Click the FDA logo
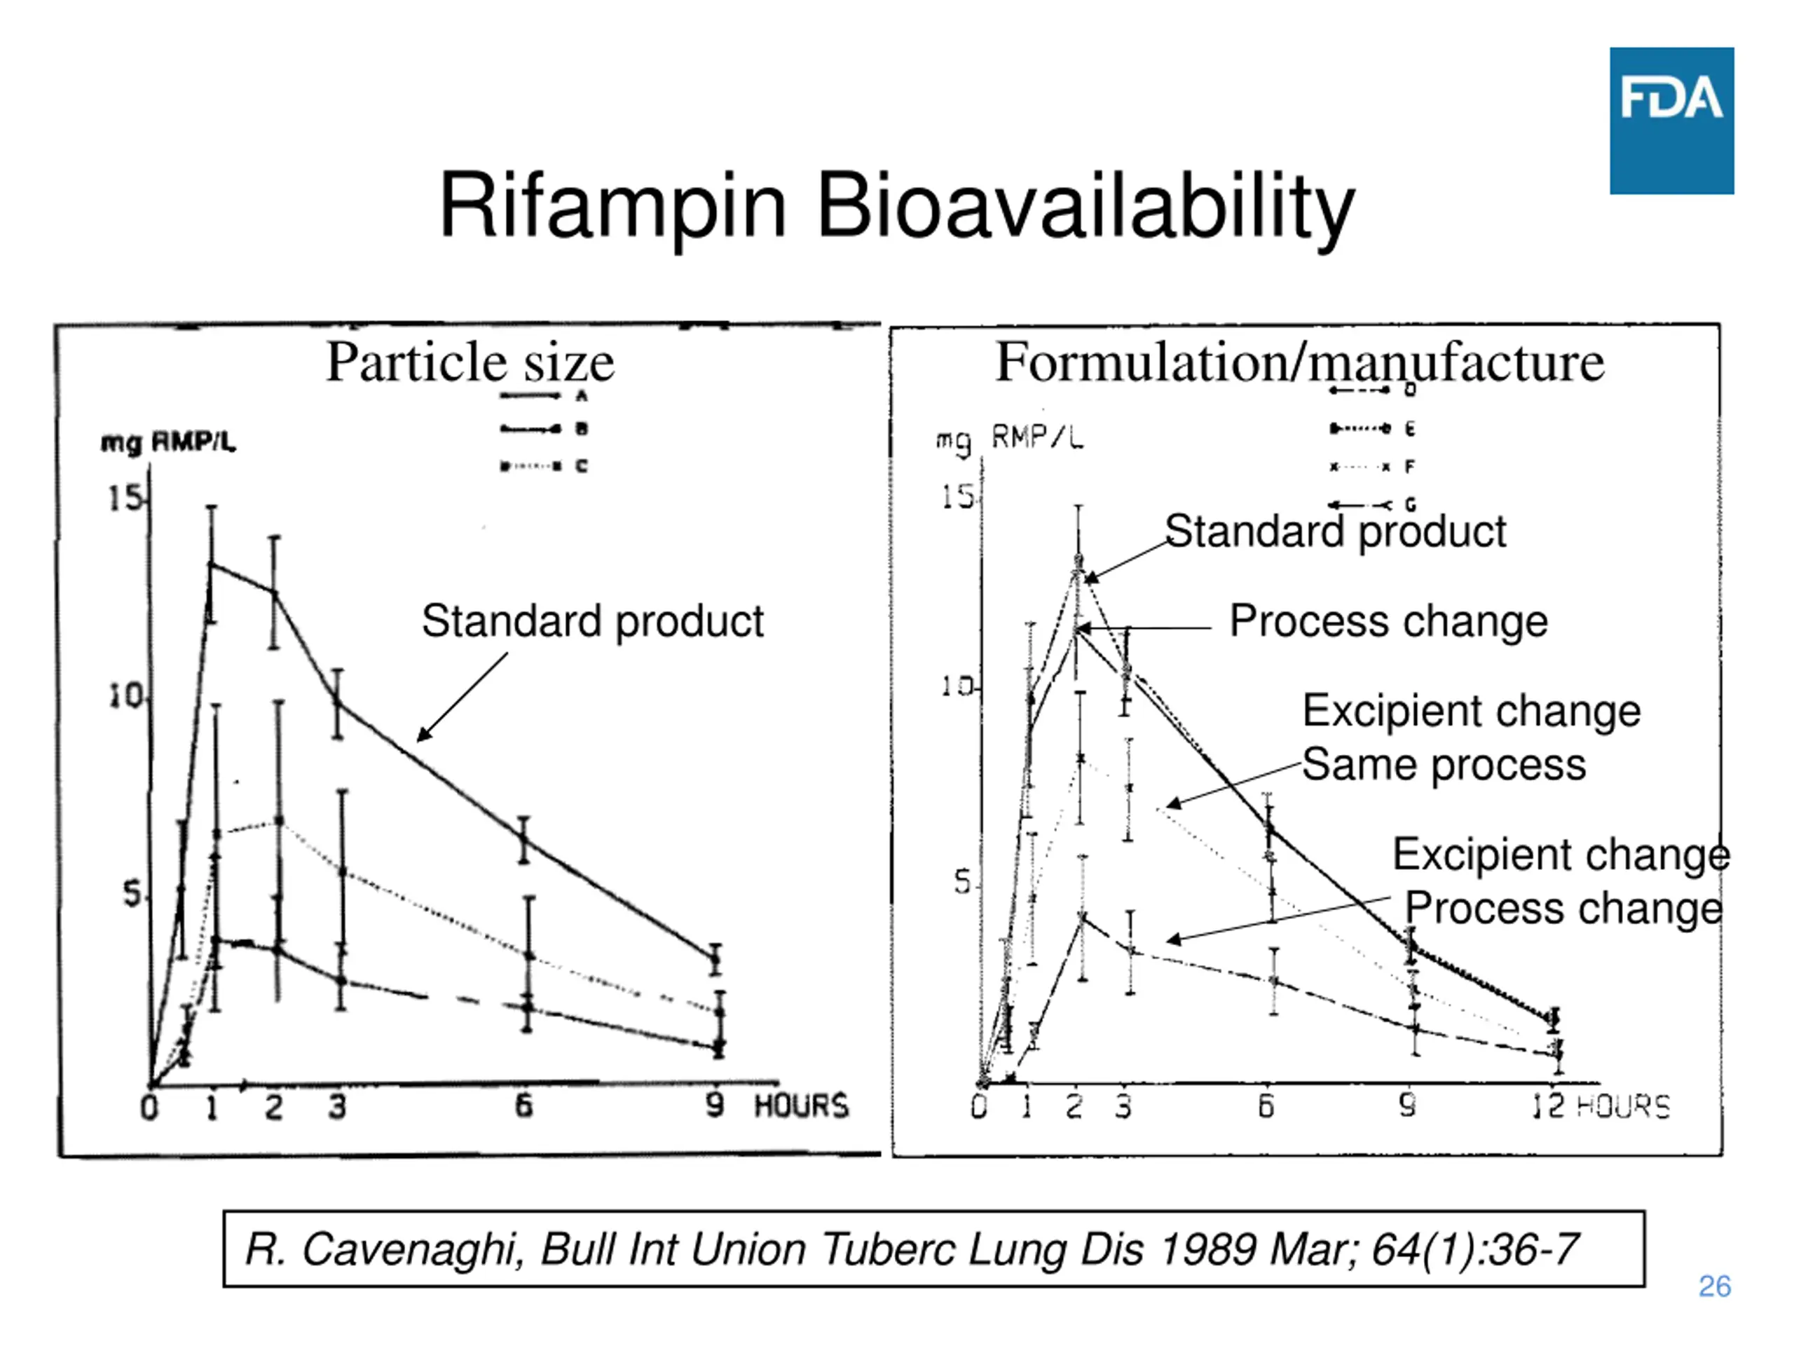click(1671, 120)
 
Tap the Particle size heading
click(470, 362)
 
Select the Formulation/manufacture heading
click(1299, 362)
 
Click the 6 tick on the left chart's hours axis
click(524, 1105)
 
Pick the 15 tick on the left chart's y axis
click(125, 498)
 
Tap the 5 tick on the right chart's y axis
click(963, 882)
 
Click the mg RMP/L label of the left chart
click(168, 442)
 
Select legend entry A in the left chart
click(581, 396)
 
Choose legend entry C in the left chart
click(581, 465)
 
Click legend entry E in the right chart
click(1409, 428)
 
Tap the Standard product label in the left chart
click(592, 622)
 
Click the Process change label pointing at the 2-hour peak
click(1388, 622)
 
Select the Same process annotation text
click(1444, 765)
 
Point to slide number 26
click(1715, 1286)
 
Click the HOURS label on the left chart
click(801, 1106)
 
